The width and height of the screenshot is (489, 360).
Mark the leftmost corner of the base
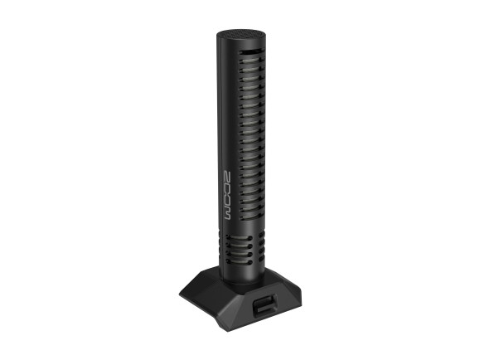(181, 293)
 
